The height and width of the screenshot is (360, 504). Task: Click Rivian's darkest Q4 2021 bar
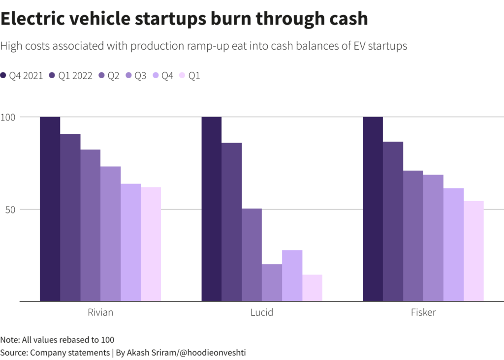50,209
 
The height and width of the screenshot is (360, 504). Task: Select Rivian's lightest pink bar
151,244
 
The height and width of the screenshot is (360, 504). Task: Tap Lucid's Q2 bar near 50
252,255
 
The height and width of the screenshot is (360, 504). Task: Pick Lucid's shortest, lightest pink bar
312,288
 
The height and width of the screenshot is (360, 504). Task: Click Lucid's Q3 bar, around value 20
272,282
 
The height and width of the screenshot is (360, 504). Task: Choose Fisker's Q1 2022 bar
393,221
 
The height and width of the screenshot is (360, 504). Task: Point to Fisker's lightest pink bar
473,251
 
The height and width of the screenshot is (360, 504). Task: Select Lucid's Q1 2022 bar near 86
231,222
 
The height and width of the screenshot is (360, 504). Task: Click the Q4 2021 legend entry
22,76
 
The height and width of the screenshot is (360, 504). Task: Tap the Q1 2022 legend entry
71,76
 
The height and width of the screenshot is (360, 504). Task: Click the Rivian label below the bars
100,313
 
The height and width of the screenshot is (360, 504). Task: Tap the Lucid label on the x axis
261,313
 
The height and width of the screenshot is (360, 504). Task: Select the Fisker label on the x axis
423,313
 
